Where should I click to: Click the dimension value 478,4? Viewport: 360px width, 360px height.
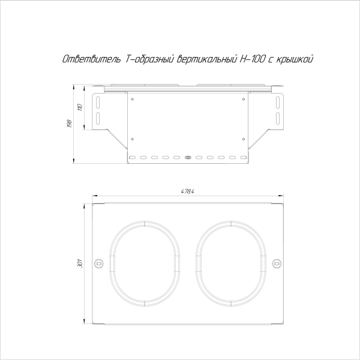[188, 191]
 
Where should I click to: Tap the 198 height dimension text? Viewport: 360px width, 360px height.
[70, 124]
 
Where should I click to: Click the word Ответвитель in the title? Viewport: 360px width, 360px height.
[92, 59]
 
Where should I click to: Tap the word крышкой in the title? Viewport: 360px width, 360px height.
[294, 59]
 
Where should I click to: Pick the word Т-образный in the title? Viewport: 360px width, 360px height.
[150, 59]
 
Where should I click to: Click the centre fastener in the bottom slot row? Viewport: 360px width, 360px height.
[188, 158]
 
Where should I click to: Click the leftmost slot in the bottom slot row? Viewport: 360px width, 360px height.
[132, 158]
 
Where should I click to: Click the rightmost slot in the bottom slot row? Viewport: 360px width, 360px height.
[244, 158]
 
